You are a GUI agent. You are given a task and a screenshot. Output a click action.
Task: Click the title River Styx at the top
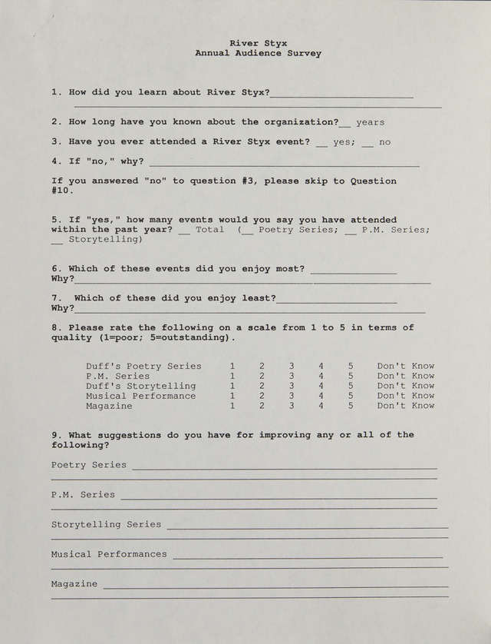coord(259,44)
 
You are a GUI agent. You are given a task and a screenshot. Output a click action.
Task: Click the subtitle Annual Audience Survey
coord(259,54)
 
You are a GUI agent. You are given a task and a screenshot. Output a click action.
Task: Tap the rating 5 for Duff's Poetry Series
coord(351,367)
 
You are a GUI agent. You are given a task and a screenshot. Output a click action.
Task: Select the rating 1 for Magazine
coord(232,406)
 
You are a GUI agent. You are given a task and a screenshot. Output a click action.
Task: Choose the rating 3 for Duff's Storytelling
coord(292,386)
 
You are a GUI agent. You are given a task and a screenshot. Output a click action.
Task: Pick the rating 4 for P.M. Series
coord(321,377)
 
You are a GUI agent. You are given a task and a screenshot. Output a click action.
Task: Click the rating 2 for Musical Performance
coord(262,396)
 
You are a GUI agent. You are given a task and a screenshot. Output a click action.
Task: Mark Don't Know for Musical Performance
coord(405,396)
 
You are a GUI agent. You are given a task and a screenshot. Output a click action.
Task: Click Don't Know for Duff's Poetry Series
coord(405,367)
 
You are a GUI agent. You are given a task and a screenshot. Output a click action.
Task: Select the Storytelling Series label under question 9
coord(106,524)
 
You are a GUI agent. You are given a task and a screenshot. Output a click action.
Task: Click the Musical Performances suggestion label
coord(109,554)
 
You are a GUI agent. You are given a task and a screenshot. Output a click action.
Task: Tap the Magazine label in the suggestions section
coord(74,584)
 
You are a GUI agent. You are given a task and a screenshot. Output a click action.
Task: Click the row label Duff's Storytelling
coord(140,386)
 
